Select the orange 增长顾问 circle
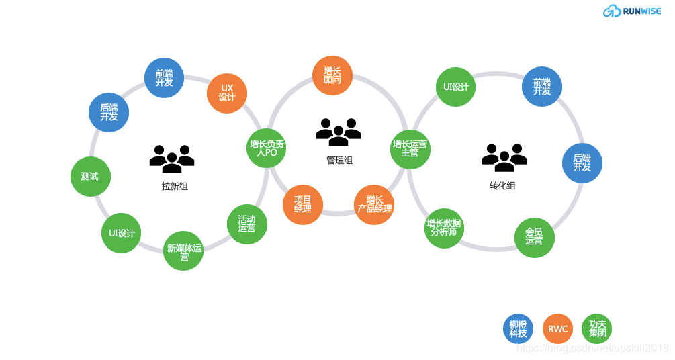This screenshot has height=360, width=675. (x=332, y=75)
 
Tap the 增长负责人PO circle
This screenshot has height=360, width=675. (x=267, y=148)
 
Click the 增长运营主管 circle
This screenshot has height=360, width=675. (x=410, y=148)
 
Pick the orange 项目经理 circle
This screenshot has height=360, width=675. (x=303, y=205)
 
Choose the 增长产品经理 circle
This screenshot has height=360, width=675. (x=374, y=205)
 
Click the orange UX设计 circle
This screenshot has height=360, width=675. (x=227, y=93)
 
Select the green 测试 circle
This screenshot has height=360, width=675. (x=90, y=177)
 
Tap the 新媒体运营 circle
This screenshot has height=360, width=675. (x=183, y=251)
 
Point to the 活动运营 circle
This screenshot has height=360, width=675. (x=247, y=224)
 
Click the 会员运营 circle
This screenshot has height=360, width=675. (x=535, y=237)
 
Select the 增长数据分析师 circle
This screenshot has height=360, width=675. (x=444, y=228)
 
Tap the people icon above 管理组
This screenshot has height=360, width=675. (x=339, y=132)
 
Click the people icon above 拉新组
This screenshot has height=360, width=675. (x=172, y=159)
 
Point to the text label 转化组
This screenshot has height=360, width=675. (x=502, y=186)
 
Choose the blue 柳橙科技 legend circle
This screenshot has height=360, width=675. (x=519, y=329)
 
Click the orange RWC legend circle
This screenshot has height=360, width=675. (x=557, y=329)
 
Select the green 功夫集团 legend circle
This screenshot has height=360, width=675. (x=597, y=329)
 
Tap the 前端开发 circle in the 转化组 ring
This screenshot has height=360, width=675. (x=542, y=87)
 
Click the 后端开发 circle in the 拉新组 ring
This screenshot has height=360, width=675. (x=109, y=112)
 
